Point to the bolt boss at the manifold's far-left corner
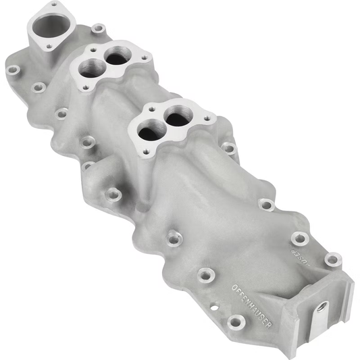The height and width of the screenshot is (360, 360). [13, 69]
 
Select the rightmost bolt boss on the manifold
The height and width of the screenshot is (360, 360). [332, 259]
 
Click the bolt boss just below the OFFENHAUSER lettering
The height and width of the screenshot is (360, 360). [236, 322]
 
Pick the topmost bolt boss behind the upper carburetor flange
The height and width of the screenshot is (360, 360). [99, 28]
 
